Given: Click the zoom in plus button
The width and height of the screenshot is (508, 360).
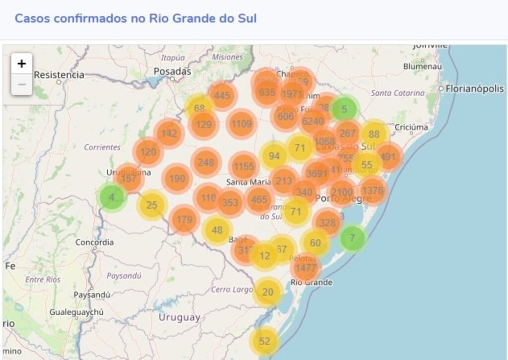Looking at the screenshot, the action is [21, 64].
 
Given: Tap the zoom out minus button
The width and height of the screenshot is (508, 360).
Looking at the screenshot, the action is [21, 85].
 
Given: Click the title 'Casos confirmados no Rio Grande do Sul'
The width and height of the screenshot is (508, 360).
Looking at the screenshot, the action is [135, 19].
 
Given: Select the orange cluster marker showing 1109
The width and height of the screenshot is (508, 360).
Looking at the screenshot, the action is [242, 124].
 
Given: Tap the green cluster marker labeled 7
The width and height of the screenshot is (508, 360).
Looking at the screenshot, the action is [352, 238].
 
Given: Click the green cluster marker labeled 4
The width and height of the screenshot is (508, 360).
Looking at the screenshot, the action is [112, 197].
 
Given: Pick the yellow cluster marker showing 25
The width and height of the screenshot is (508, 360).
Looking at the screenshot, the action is [152, 205].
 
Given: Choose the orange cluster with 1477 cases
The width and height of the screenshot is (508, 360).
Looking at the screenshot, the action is [306, 268].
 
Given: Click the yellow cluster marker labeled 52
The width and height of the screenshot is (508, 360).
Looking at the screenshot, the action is [264, 341].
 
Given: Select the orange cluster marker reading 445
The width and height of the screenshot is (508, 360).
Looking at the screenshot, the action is [222, 95].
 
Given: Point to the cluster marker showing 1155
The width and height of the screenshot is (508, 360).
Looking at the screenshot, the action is [244, 167].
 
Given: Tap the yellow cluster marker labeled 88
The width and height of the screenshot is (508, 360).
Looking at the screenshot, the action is [374, 134].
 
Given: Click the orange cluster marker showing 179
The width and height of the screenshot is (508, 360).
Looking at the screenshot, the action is [184, 220].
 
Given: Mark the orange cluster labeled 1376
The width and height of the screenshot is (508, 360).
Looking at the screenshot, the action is [373, 191].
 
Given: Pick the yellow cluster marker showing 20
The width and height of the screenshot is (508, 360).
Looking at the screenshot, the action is [268, 292].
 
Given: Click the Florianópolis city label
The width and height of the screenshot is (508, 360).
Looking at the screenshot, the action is [475, 89].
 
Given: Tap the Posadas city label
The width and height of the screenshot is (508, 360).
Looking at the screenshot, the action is [172, 72].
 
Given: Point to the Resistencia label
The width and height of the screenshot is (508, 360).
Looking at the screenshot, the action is [59, 75].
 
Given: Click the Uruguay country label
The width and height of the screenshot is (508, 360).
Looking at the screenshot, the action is [179, 317].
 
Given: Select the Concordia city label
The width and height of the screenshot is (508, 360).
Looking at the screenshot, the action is [94, 243].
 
